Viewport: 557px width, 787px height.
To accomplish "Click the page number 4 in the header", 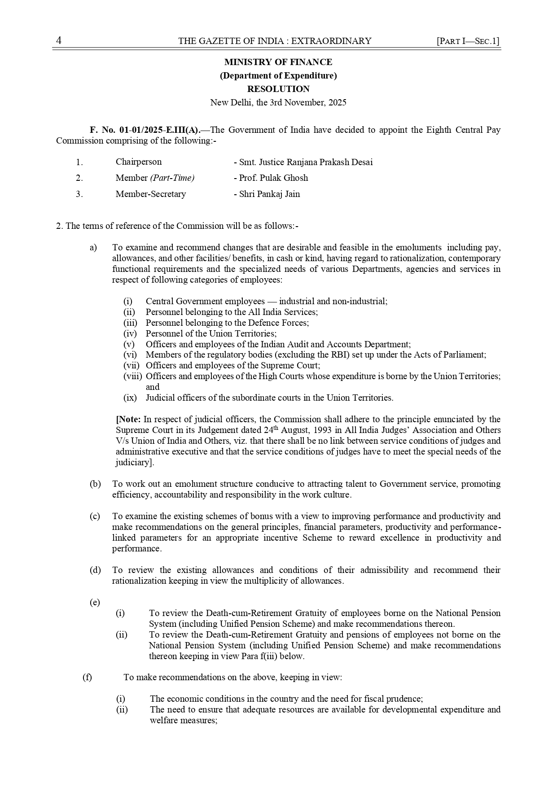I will pos(59,41).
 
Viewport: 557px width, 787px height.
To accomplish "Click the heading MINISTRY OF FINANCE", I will pos(278,62).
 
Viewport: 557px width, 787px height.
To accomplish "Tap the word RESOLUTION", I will pos(278,89).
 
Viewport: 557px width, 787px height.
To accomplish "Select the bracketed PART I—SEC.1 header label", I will pos(468,41).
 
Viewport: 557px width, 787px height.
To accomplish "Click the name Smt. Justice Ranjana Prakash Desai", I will pos(303,162).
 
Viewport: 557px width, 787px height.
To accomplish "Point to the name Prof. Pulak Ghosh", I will pos(271,178).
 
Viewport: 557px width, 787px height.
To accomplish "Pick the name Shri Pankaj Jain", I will pos(267,194).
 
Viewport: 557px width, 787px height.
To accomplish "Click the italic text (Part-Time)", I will pos(172,178).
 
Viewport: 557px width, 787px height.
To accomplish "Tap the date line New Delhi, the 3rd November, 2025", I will pos(278,102).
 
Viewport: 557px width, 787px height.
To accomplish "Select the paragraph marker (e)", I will pos(95,602).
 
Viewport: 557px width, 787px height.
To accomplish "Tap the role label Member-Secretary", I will pos(150,194).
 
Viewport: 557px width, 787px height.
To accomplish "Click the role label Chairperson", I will pos(139,162).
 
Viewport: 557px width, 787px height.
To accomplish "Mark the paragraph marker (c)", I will pos(95,516).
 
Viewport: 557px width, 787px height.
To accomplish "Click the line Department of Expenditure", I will pos(278,75).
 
